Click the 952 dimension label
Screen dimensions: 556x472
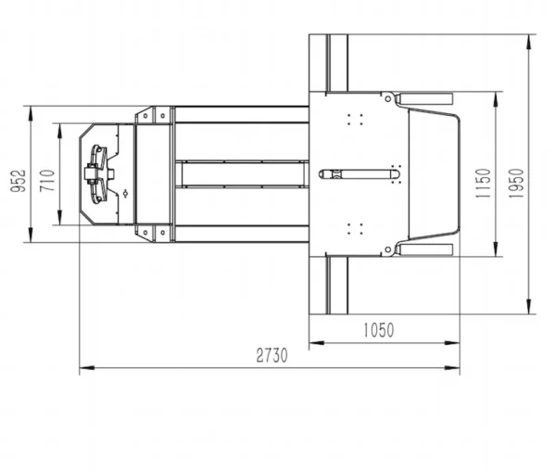click(19, 181)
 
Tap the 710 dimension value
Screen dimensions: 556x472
click(47, 181)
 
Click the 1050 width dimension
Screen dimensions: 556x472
click(379, 330)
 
